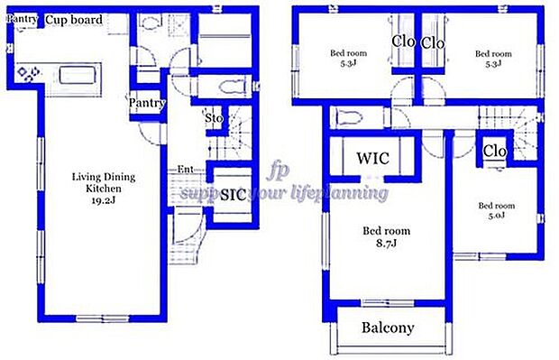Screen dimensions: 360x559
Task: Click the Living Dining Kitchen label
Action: click(x=97, y=182)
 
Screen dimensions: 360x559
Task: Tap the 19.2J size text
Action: click(x=97, y=202)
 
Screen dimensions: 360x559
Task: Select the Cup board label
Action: click(x=74, y=20)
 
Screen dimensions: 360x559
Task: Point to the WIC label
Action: click(x=372, y=158)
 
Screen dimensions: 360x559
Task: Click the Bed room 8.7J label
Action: click(x=387, y=236)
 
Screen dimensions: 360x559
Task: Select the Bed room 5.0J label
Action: click(x=497, y=210)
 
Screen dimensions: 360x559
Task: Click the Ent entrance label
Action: click(x=185, y=170)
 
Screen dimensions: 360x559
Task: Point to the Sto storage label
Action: click(x=215, y=117)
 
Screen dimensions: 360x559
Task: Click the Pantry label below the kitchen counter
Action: click(x=147, y=103)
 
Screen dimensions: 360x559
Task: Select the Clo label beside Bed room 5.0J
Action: click(x=495, y=151)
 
